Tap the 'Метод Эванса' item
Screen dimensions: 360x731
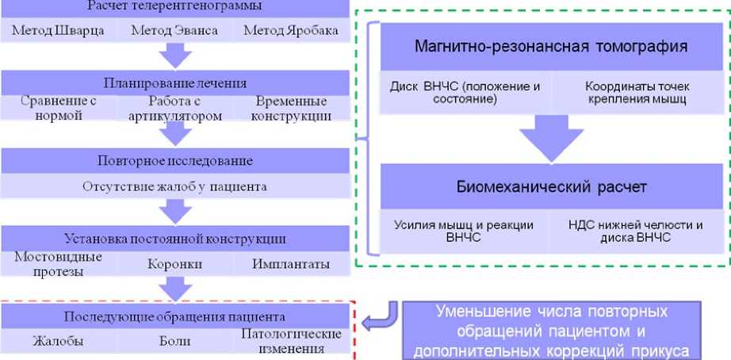click(x=174, y=31)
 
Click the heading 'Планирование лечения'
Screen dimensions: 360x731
click(x=174, y=83)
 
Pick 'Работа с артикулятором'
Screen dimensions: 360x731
click(x=174, y=109)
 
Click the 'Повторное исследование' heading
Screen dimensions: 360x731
click(x=174, y=161)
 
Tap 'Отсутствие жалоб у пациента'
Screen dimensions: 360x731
click(x=174, y=187)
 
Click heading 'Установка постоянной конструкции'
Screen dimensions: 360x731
click(x=174, y=239)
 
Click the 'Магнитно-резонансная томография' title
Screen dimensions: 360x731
click(x=551, y=46)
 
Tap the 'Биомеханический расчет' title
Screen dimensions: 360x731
click(x=551, y=188)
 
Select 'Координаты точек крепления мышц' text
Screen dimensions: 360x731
click(x=637, y=93)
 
